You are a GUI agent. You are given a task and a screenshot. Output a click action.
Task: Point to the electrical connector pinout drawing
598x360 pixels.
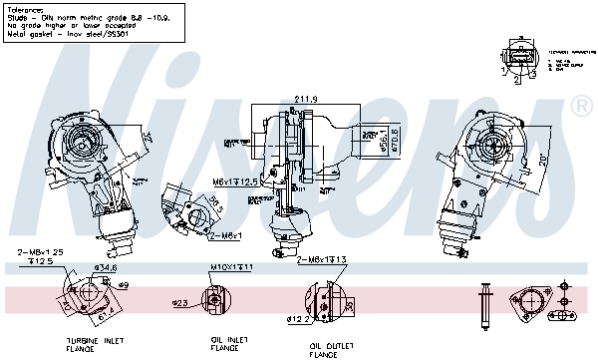point(521,55)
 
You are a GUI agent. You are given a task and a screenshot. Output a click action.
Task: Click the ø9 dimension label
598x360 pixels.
point(123,286)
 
